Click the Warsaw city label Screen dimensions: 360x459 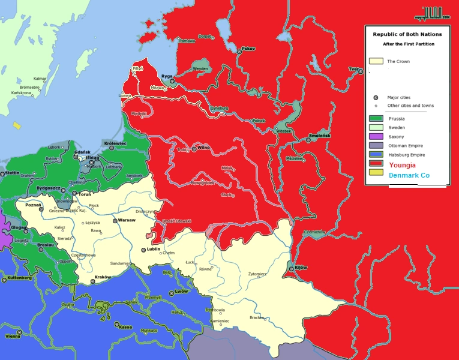pos(127,220)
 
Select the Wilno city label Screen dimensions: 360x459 pos(205,147)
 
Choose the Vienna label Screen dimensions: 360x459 pos(13,337)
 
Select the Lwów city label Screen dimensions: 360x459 pos(182,292)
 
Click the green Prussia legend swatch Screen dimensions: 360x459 pos(376,119)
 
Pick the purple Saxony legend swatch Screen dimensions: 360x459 pos(376,137)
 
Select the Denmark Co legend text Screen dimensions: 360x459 pos(409,175)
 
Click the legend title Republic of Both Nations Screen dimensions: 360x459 pos(407,35)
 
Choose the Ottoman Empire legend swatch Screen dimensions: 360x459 pos(376,146)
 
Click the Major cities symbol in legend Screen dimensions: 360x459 pos(376,97)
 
